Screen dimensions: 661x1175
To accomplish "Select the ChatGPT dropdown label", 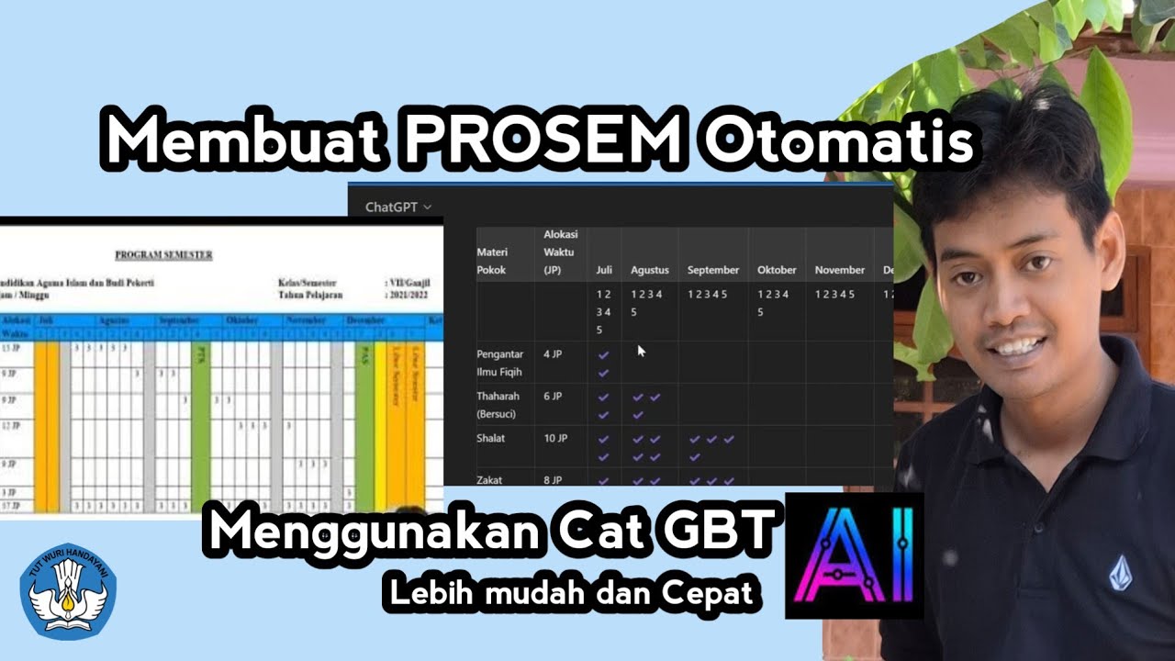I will (397, 207).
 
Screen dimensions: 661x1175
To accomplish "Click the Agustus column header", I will (650, 270).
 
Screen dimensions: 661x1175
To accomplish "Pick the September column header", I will (713, 270).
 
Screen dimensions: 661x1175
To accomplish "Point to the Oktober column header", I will (777, 270).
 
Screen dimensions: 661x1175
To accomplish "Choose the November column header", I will (840, 270).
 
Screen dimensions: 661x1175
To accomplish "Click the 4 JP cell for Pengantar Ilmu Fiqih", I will (554, 353).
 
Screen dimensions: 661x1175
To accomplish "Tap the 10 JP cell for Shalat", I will (555, 438).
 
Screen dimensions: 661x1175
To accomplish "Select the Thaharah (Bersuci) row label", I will (498, 405).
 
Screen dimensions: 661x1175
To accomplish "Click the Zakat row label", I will (489, 479).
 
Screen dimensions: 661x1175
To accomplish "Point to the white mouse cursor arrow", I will (642, 350).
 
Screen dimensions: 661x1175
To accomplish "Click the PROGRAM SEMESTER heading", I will (163, 254).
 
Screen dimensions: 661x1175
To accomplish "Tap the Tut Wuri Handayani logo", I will (69, 588).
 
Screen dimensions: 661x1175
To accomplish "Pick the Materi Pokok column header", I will (491, 262).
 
